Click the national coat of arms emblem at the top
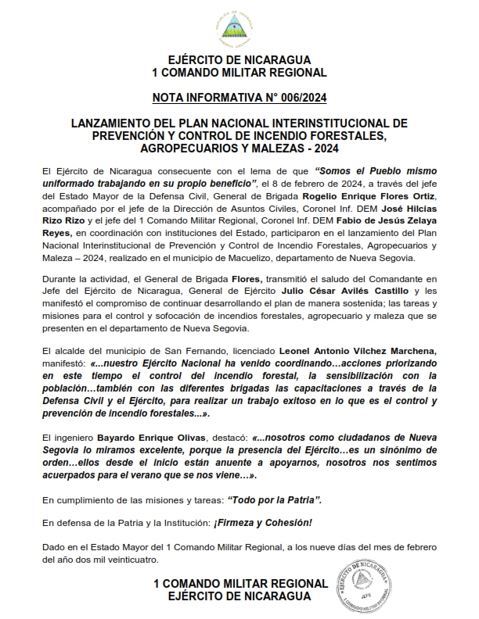pyautogui.click(x=239, y=29)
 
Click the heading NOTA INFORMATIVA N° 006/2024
pyautogui.click(x=239, y=98)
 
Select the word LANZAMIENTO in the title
pyautogui.click(x=110, y=123)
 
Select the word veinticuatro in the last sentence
pyautogui.click(x=131, y=560)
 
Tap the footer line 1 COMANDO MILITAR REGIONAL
pyautogui.click(x=239, y=584)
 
